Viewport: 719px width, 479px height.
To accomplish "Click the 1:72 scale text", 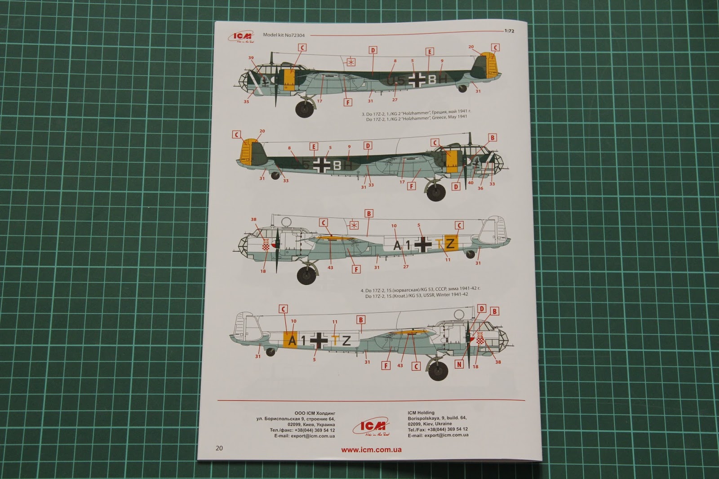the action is (x=510, y=32).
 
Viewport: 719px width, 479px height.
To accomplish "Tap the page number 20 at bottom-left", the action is (x=219, y=448).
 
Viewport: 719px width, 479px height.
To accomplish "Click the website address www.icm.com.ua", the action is (x=371, y=450).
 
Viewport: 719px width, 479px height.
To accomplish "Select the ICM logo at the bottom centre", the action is (x=372, y=427).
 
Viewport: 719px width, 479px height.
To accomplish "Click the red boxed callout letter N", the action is (x=459, y=364).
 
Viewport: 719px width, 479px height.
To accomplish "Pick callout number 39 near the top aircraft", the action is (x=251, y=58).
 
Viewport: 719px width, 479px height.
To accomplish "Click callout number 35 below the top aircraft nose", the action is (x=246, y=102).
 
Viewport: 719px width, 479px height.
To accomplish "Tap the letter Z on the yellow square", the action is (x=451, y=244).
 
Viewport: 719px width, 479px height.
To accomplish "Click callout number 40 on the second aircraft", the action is (x=470, y=183).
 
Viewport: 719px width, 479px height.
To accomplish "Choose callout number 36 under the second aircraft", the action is (x=480, y=188).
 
